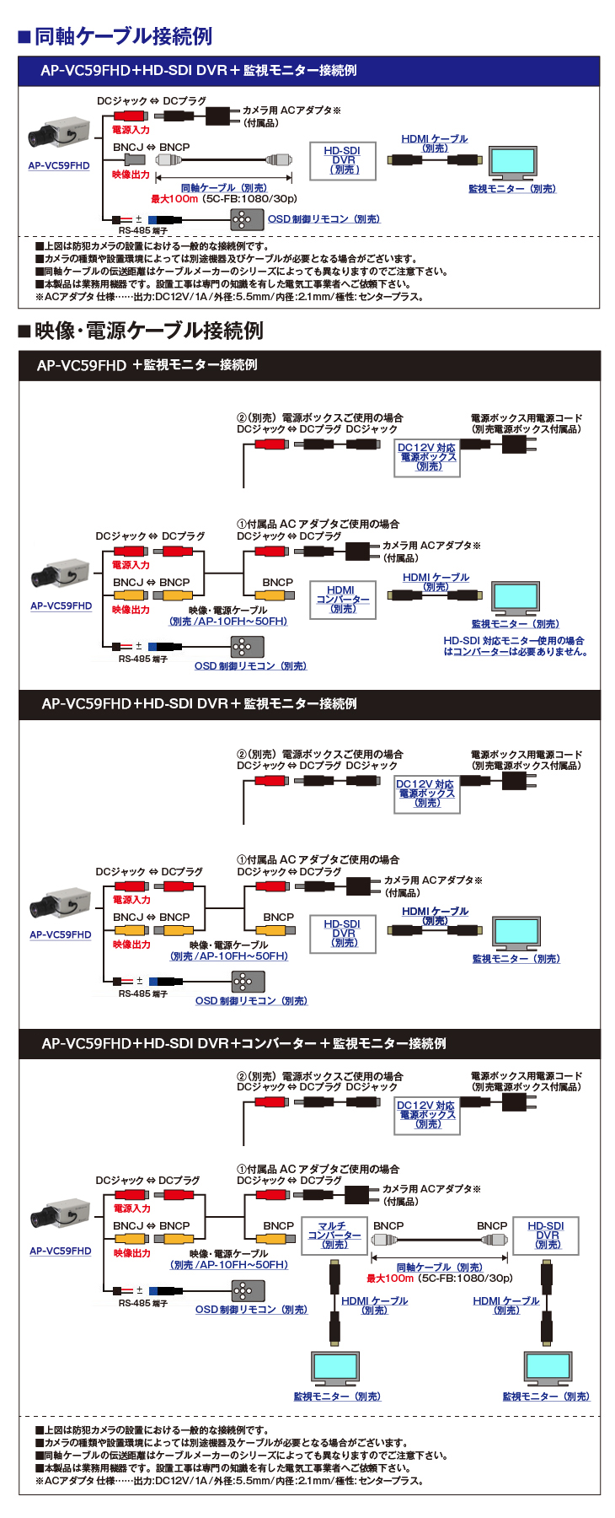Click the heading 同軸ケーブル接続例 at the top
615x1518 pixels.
123,36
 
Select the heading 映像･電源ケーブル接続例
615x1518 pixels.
148,331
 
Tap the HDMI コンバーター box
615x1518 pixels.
341,599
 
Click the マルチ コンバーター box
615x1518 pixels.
334,1235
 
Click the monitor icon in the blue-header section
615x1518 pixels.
512,163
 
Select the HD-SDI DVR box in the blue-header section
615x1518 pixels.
344,159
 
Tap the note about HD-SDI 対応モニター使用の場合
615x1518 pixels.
515,646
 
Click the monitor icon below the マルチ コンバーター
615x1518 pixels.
335,1368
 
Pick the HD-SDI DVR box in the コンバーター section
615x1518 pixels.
546,1235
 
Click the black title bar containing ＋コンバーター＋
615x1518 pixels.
309,1043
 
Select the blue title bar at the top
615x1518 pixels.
309,71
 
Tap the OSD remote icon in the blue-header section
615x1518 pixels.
242,219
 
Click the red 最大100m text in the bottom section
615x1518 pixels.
389,1278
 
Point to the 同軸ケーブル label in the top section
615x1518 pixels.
223,188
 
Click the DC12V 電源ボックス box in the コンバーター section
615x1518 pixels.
426,1115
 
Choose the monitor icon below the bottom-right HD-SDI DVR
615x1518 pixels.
547,1368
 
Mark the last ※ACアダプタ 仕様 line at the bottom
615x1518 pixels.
229,1480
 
